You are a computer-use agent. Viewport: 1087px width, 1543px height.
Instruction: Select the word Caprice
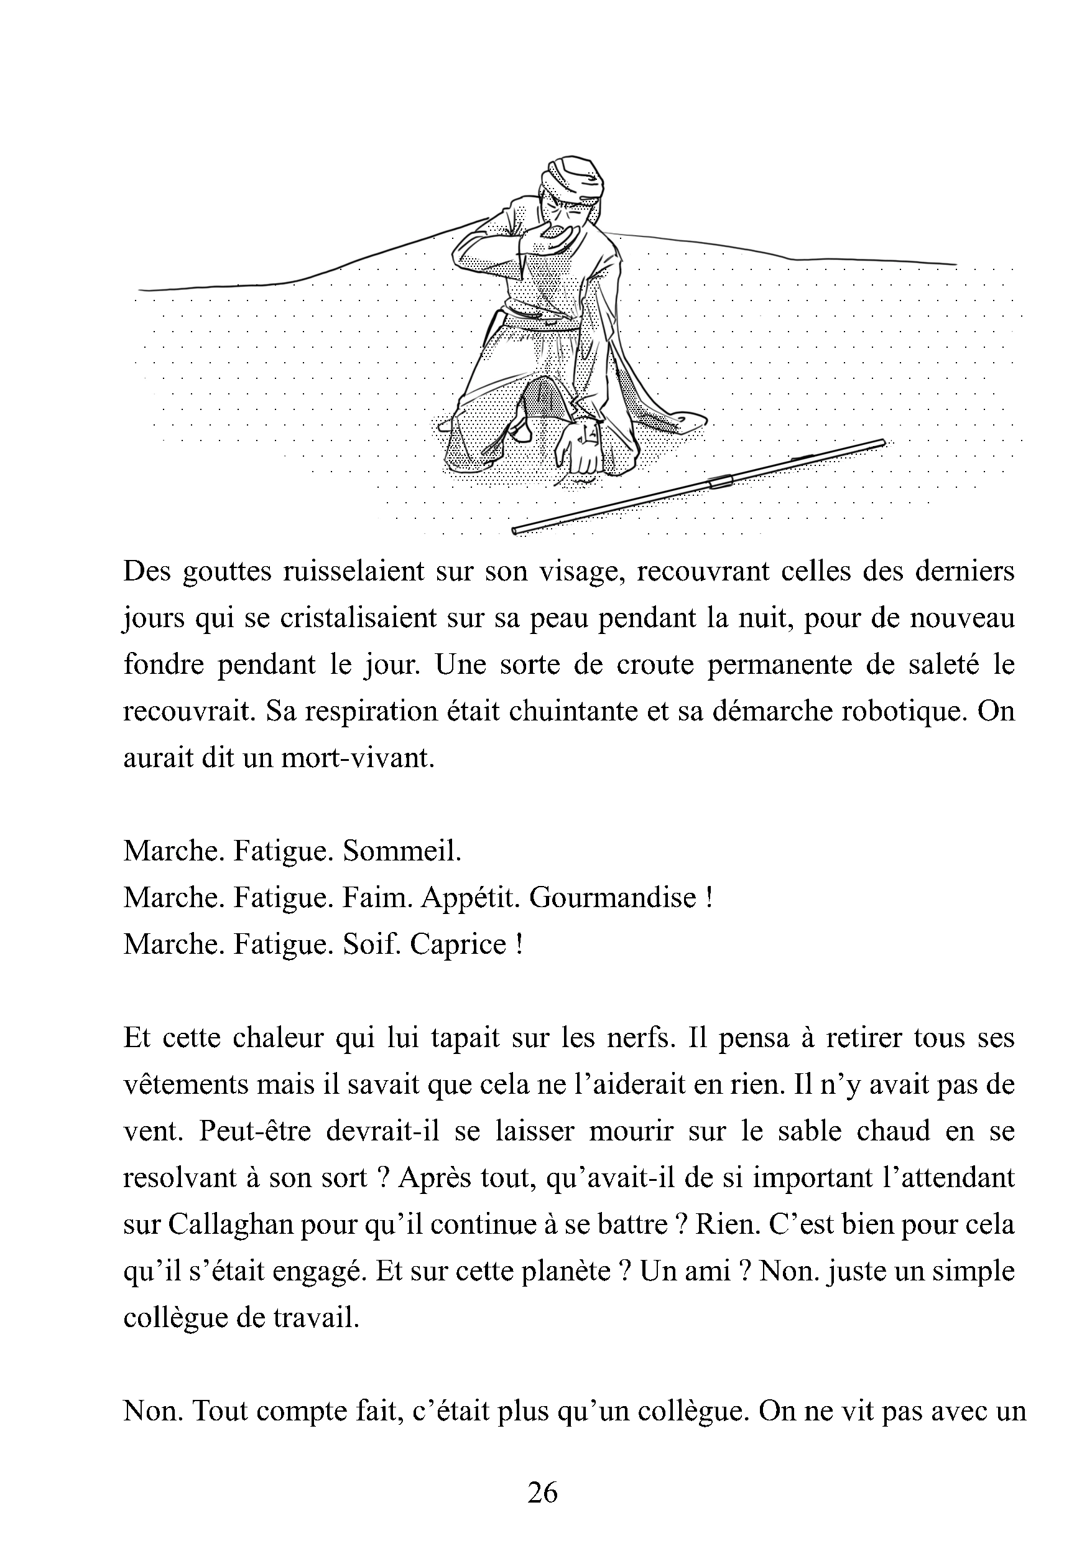(x=458, y=945)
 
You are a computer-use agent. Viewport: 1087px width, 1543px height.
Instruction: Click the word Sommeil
(x=402, y=852)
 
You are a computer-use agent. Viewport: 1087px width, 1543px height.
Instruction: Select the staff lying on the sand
(x=699, y=487)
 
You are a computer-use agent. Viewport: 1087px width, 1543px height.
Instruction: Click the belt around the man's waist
(x=542, y=321)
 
